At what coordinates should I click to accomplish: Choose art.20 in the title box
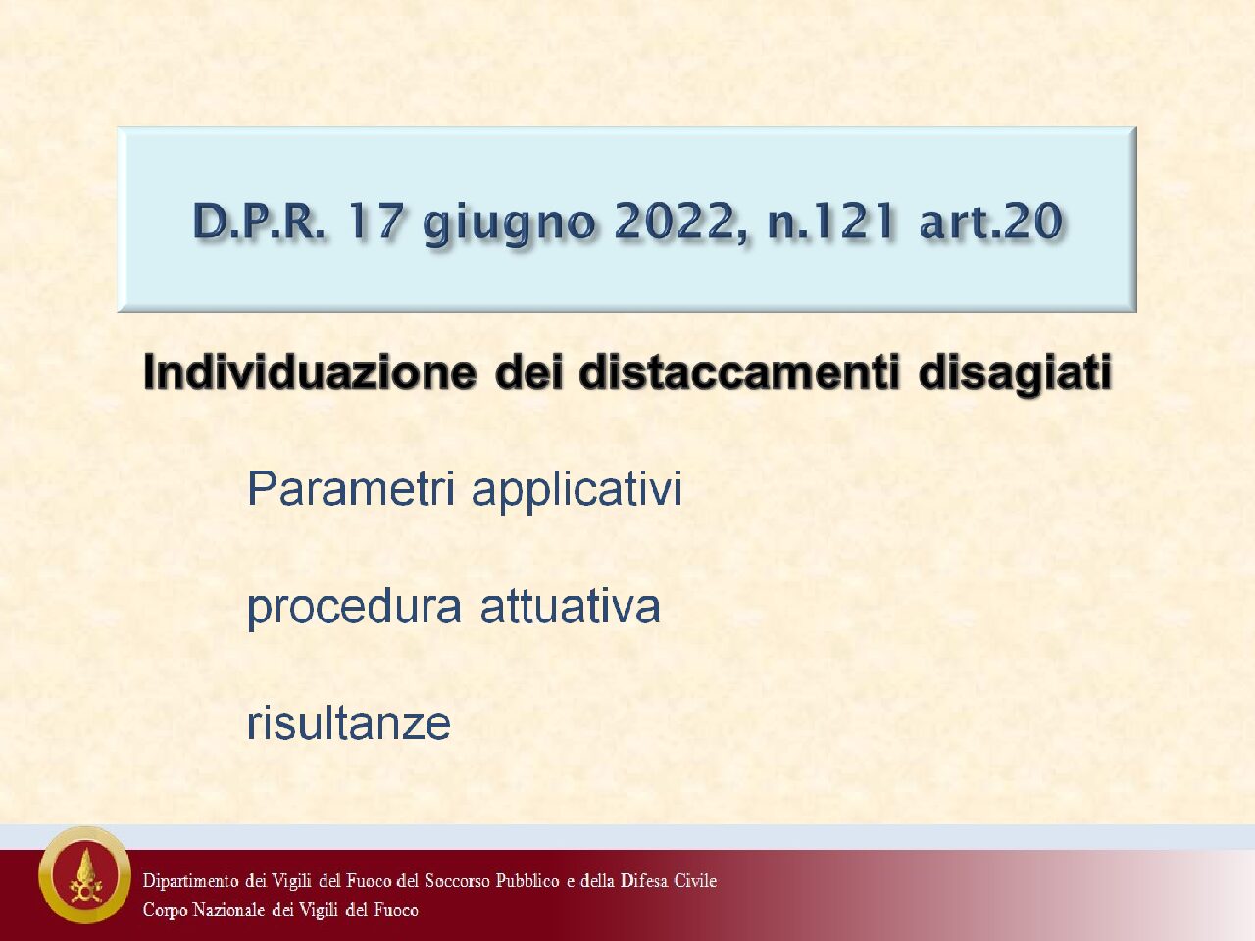coord(991,221)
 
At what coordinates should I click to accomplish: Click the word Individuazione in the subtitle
coord(309,371)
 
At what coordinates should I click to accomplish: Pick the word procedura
coord(354,609)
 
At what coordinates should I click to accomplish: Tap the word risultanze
coord(349,722)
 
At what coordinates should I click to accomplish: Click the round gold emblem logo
coord(85,874)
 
